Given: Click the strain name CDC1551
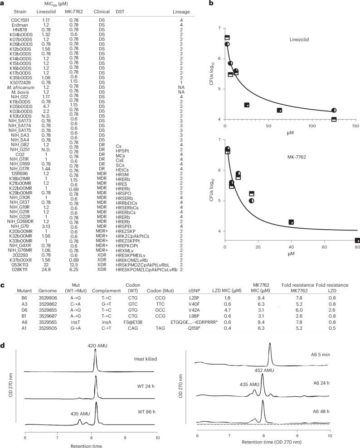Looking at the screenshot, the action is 20,20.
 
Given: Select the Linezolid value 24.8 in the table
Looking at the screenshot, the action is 46,270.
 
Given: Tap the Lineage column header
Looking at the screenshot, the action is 181,12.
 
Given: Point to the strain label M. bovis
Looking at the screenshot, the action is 20,92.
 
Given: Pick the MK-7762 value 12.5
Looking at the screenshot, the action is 74,265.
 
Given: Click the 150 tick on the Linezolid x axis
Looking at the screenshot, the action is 355,126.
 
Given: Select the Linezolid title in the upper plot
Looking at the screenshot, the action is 299,40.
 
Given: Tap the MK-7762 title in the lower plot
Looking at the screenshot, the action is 297,157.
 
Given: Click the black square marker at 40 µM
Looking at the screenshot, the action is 291,222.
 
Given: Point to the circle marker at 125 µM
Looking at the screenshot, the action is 334,110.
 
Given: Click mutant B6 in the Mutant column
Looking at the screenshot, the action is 24,298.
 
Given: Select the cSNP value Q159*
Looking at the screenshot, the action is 194,328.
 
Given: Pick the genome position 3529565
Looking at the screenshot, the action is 48,322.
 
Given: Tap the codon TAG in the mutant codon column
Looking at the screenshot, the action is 160,328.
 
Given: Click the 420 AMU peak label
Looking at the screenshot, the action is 97,346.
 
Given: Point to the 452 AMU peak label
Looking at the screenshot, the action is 264,370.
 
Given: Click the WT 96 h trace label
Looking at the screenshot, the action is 146,412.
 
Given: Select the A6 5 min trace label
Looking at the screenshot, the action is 321,355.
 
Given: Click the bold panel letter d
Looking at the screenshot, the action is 3,346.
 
